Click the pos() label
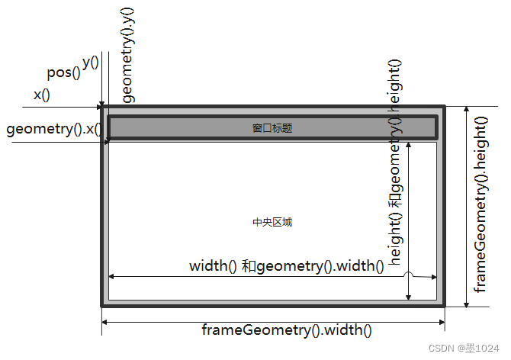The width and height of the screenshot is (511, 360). (x=64, y=72)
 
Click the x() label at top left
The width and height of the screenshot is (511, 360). (x=41, y=95)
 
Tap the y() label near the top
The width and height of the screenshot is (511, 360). (x=90, y=62)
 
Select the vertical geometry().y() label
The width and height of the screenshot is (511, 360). (x=128, y=55)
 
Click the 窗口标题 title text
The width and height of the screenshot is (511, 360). (x=272, y=129)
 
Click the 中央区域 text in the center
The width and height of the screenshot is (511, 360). (x=272, y=223)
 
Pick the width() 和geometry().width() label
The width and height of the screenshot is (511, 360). (x=286, y=266)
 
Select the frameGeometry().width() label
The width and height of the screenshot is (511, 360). (x=287, y=331)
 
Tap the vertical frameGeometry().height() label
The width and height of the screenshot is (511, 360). (x=481, y=204)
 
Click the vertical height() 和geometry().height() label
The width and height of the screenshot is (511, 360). (x=395, y=162)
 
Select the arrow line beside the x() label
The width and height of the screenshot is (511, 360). (x=61, y=108)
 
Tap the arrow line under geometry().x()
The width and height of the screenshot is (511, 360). (x=53, y=141)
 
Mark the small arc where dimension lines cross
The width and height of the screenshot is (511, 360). (x=409, y=274)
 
